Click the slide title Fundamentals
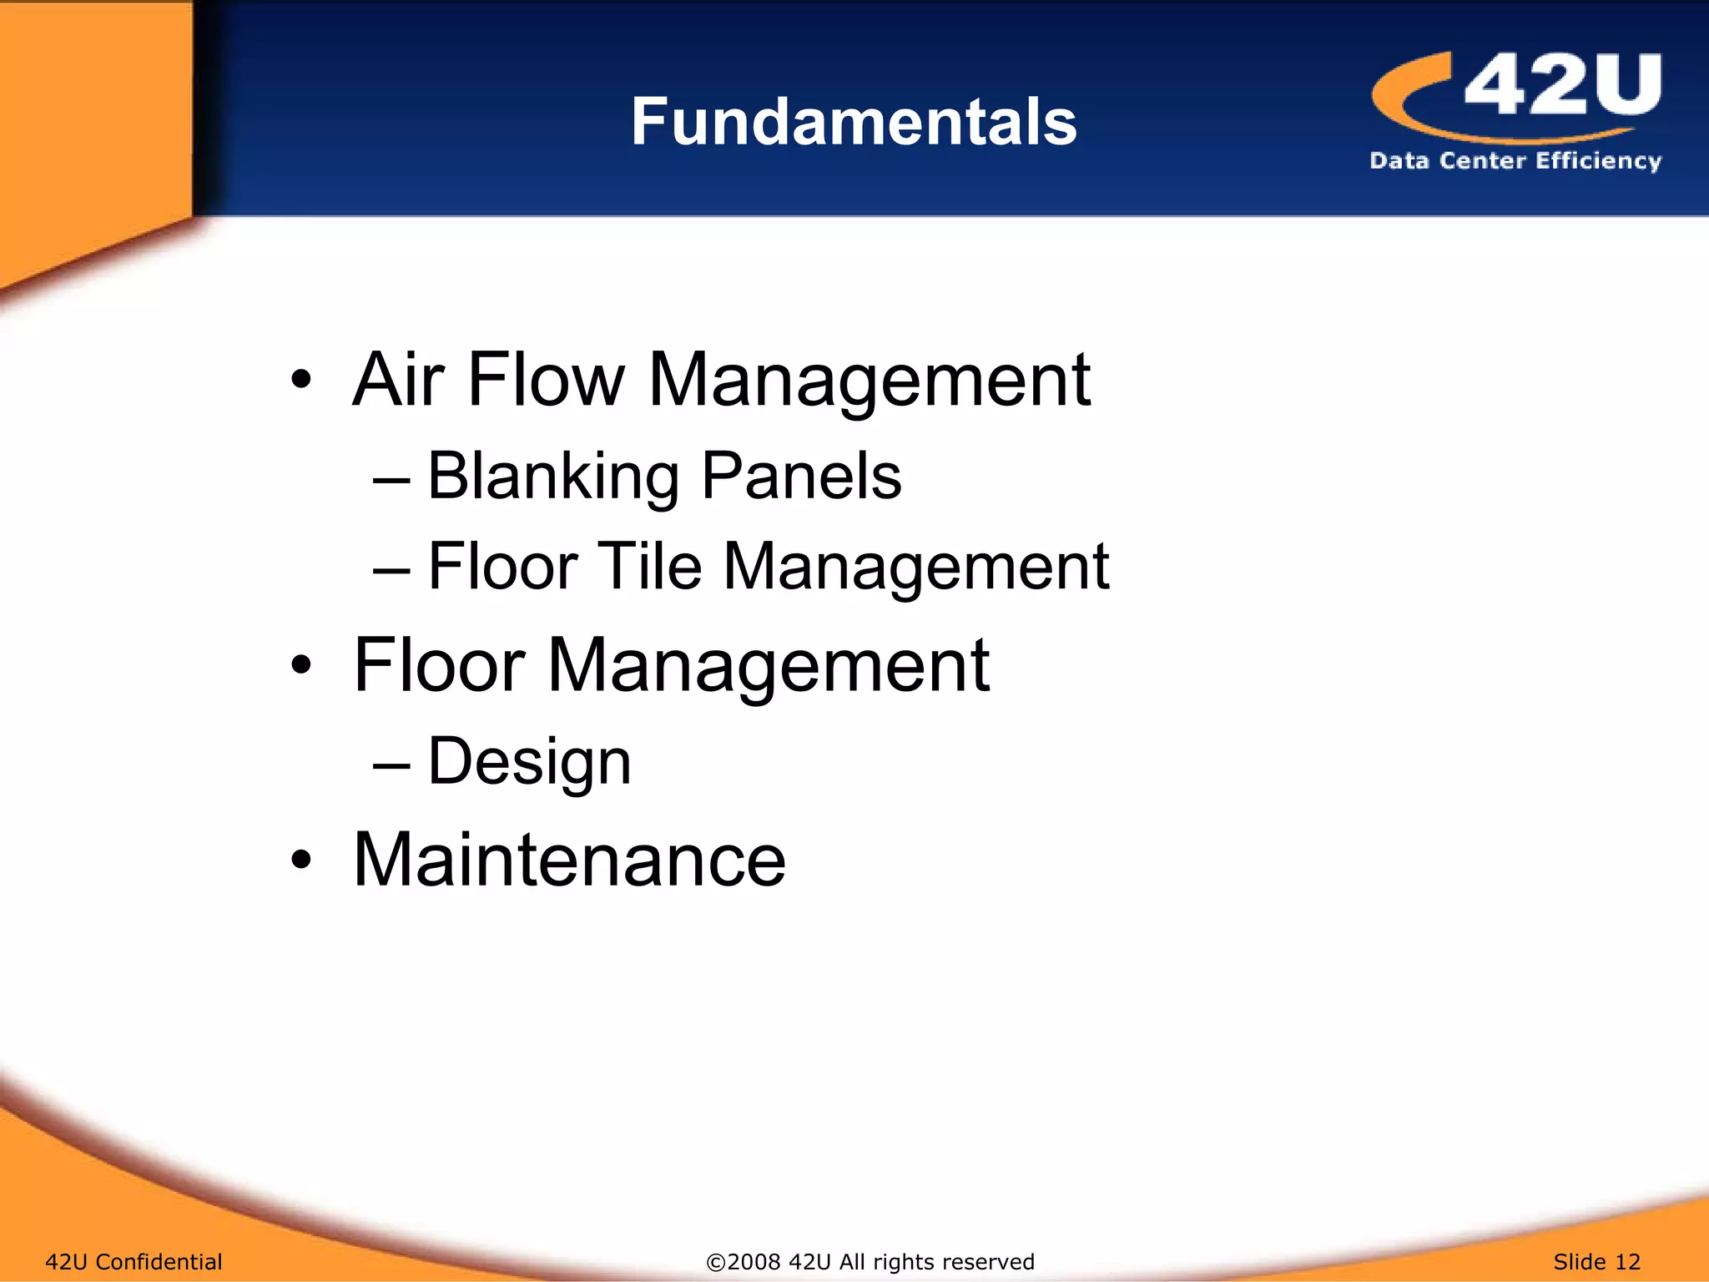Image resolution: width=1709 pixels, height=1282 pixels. (854, 122)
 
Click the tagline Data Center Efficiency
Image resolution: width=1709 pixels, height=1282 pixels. (1515, 160)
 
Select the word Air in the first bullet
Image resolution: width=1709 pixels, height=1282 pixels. (398, 380)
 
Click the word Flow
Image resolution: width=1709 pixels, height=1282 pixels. (546, 380)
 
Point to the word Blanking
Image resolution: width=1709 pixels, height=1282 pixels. (552, 477)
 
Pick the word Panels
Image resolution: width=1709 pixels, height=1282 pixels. (801, 477)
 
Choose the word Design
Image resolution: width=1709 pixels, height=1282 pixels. (529, 761)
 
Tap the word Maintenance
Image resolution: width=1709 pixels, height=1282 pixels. (569, 860)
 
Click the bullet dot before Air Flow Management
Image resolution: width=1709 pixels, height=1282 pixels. (301, 381)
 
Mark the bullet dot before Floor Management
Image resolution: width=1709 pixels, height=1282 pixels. (301, 666)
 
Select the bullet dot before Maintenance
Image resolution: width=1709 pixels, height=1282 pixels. (301, 861)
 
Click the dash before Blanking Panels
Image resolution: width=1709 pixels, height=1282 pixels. (391, 481)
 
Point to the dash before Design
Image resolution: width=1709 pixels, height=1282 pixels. (391, 765)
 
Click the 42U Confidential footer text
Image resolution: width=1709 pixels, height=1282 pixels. (134, 1261)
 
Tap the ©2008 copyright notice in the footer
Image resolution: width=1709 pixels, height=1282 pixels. (870, 1261)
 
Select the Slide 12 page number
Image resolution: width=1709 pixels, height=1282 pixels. (1596, 1261)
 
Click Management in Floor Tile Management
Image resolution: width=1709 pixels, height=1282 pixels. (915, 567)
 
